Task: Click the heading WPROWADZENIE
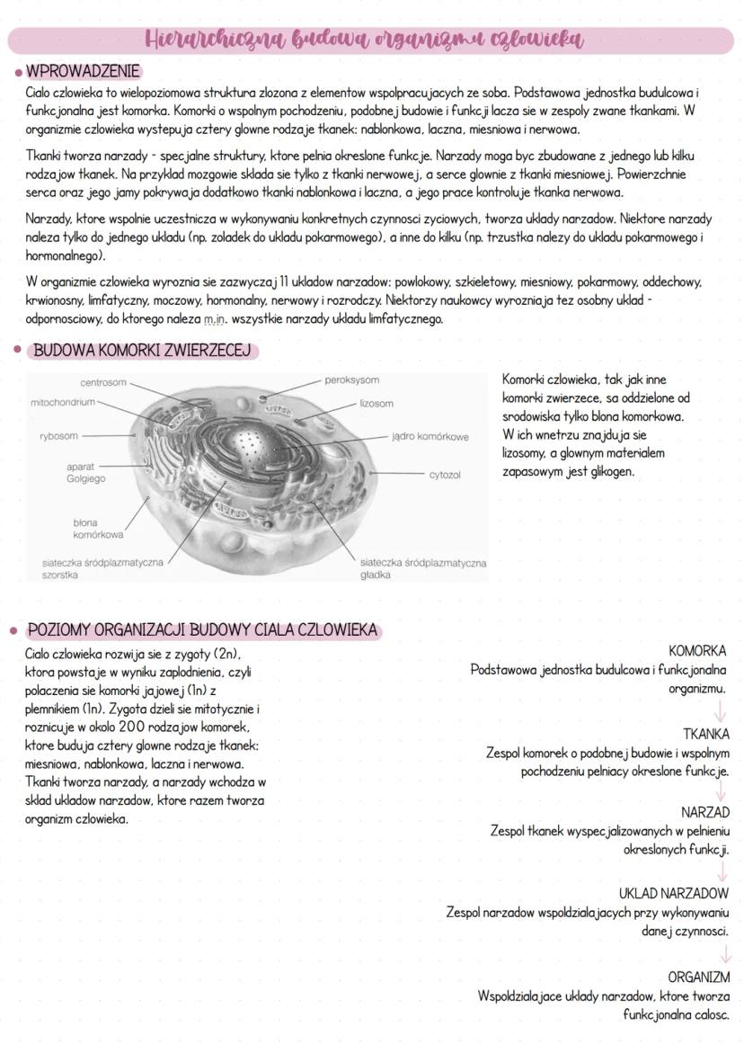(82, 71)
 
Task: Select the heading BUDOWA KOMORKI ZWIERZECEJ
(140, 351)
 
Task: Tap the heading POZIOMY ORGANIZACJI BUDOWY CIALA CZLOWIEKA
(201, 630)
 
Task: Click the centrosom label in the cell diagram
(103, 383)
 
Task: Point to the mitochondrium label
(62, 403)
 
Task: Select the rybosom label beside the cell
(58, 436)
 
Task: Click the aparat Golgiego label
(85, 473)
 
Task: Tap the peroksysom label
(352, 380)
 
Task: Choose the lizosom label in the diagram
(376, 404)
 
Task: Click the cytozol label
(445, 474)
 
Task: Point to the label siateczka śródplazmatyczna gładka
(422, 568)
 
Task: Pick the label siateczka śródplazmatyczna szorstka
(102, 568)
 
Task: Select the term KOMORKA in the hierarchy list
(697, 650)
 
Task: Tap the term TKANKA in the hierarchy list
(705, 734)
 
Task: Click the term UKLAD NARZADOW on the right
(673, 894)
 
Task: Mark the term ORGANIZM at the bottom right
(698, 977)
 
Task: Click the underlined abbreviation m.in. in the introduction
(216, 319)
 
